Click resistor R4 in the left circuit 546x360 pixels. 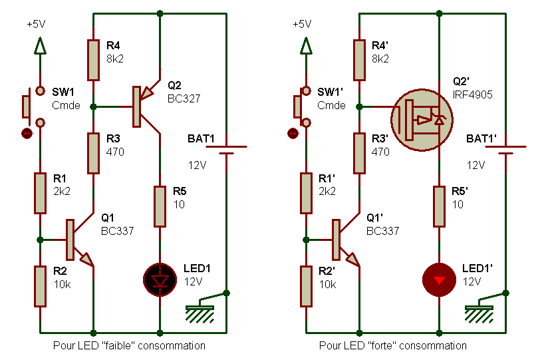[x=93, y=59]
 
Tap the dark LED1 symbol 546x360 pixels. [x=160, y=279]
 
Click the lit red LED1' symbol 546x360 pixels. [x=439, y=279]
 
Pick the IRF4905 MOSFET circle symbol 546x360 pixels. [x=421, y=120]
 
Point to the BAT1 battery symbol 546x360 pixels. [x=226, y=150]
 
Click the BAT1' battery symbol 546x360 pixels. [x=505, y=150]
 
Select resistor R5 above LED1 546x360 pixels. [x=160, y=206]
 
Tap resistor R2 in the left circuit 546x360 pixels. [x=40, y=286]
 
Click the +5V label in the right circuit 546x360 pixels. [x=301, y=23]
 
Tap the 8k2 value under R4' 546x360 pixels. [x=380, y=59]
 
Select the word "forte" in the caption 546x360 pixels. [x=389, y=345]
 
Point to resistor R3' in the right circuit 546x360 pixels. [x=359, y=153]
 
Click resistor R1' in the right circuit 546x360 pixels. [x=306, y=193]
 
